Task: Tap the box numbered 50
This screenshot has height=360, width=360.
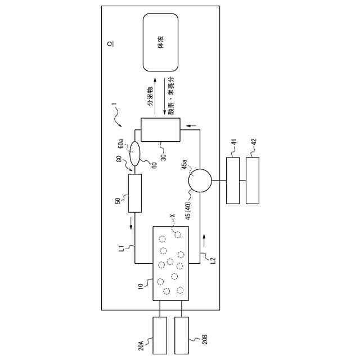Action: tap(134, 193)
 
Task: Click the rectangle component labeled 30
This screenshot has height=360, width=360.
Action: tap(160, 129)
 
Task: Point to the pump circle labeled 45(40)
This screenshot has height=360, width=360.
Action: tap(200, 181)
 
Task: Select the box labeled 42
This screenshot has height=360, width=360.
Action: tap(253, 181)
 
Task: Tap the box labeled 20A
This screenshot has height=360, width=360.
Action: tap(160, 336)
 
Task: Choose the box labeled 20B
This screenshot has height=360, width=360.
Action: tap(182, 336)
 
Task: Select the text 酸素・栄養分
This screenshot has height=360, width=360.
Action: tap(170, 95)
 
